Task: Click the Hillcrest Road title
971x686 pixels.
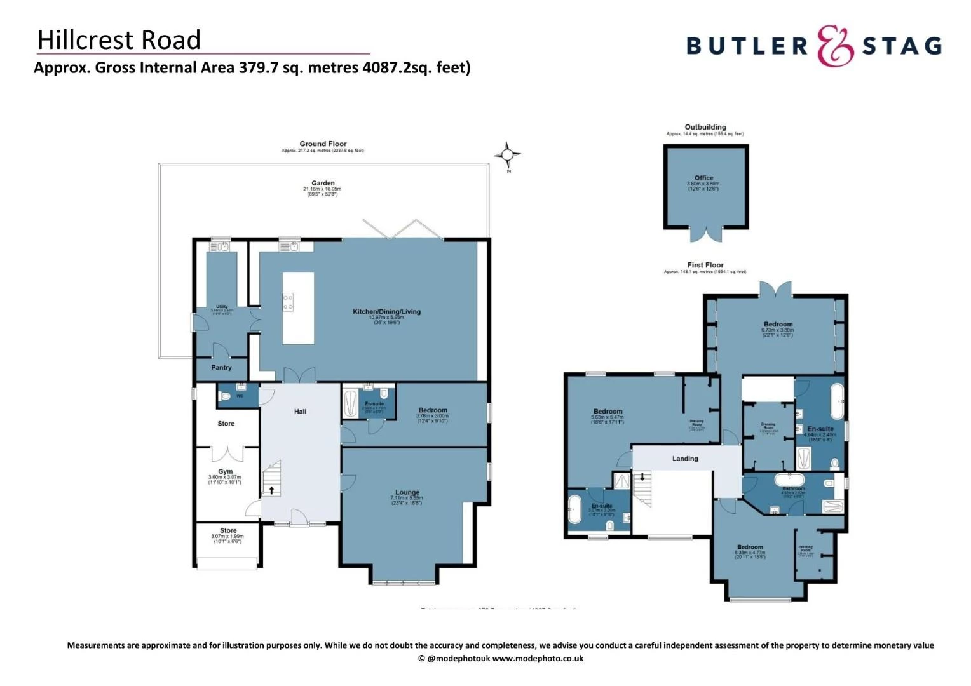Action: point(119,40)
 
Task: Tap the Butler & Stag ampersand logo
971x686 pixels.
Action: point(835,46)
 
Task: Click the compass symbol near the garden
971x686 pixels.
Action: point(507,154)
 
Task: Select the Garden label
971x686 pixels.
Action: point(323,183)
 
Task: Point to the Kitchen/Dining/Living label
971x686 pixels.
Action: point(386,311)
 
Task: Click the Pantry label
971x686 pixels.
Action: point(221,368)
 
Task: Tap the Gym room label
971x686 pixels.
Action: point(225,472)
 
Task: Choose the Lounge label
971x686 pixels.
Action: point(407,492)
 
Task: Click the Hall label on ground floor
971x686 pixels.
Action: point(300,412)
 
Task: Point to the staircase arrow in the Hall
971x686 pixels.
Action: point(272,490)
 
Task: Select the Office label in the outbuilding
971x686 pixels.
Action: point(703,178)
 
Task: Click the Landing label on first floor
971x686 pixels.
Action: point(685,459)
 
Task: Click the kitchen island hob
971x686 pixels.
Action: point(288,302)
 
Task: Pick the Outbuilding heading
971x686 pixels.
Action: point(705,127)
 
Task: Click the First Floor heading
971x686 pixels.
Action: point(705,265)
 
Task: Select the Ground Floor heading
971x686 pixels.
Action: point(323,144)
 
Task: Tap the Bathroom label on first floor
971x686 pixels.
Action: point(793,488)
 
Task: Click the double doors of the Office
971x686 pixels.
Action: point(706,233)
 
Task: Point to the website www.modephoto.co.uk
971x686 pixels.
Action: point(538,659)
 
